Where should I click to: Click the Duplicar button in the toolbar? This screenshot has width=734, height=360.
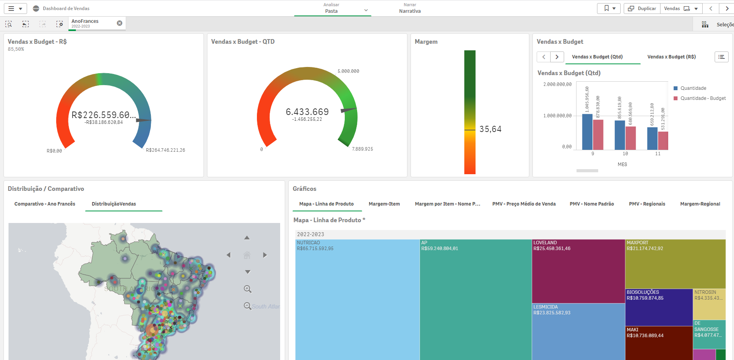pyautogui.click(x=642, y=9)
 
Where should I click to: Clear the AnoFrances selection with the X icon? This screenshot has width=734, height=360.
pyautogui.click(x=120, y=23)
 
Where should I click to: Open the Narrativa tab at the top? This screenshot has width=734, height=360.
pyautogui.click(x=410, y=9)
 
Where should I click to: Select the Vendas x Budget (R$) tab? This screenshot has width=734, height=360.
pyautogui.click(x=671, y=57)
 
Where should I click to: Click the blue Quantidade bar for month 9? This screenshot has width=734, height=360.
pyautogui.click(x=587, y=132)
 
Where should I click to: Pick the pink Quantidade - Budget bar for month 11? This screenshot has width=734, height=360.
pyautogui.click(x=663, y=141)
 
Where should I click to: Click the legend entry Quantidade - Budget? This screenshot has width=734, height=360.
pyautogui.click(x=703, y=98)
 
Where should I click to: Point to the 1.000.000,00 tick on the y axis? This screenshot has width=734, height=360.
pyautogui.click(x=557, y=116)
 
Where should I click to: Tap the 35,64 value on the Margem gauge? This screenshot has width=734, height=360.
pyautogui.click(x=490, y=129)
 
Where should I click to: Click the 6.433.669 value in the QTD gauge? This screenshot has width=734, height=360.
pyautogui.click(x=307, y=112)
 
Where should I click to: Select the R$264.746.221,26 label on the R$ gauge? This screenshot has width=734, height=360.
pyautogui.click(x=165, y=150)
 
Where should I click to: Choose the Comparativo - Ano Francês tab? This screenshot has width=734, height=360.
pyautogui.click(x=45, y=204)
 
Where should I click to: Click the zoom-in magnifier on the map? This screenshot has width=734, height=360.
pyautogui.click(x=248, y=289)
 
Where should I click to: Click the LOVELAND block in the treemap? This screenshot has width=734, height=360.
pyautogui.click(x=578, y=271)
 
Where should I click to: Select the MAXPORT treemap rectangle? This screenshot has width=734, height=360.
pyautogui.click(x=675, y=263)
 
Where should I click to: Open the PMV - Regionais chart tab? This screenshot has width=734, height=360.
pyautogui.click(x=647, y=204)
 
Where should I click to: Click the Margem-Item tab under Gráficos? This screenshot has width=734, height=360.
pyautogui.click(x=384, y=204)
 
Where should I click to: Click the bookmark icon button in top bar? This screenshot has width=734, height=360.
pyautogui.click(x=609, y=9)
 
